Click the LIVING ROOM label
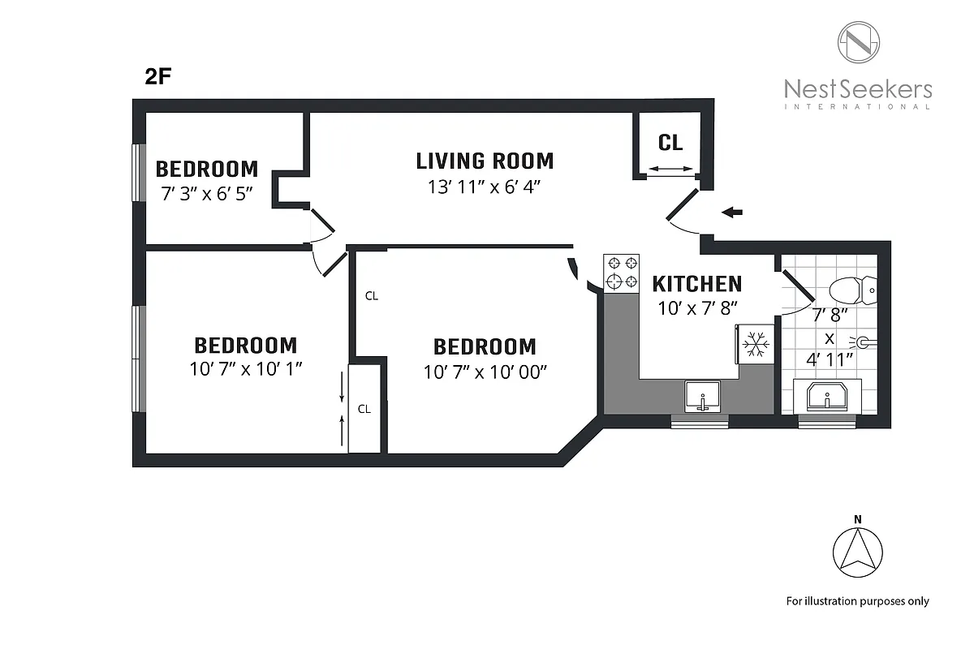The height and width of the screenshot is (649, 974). tap(485, 161)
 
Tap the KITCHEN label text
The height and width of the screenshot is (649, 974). tap(696, 284)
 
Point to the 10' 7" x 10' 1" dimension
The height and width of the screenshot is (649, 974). tap(246, 368)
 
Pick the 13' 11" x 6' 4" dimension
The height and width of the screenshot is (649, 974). tap(485, 187)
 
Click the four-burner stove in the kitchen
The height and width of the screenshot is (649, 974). tap(621, 273)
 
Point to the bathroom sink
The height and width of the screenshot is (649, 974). tap(828, 398)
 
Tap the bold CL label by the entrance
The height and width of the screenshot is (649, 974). tap(670, 144)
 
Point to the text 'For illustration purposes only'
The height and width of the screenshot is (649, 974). tap(857, 601)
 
